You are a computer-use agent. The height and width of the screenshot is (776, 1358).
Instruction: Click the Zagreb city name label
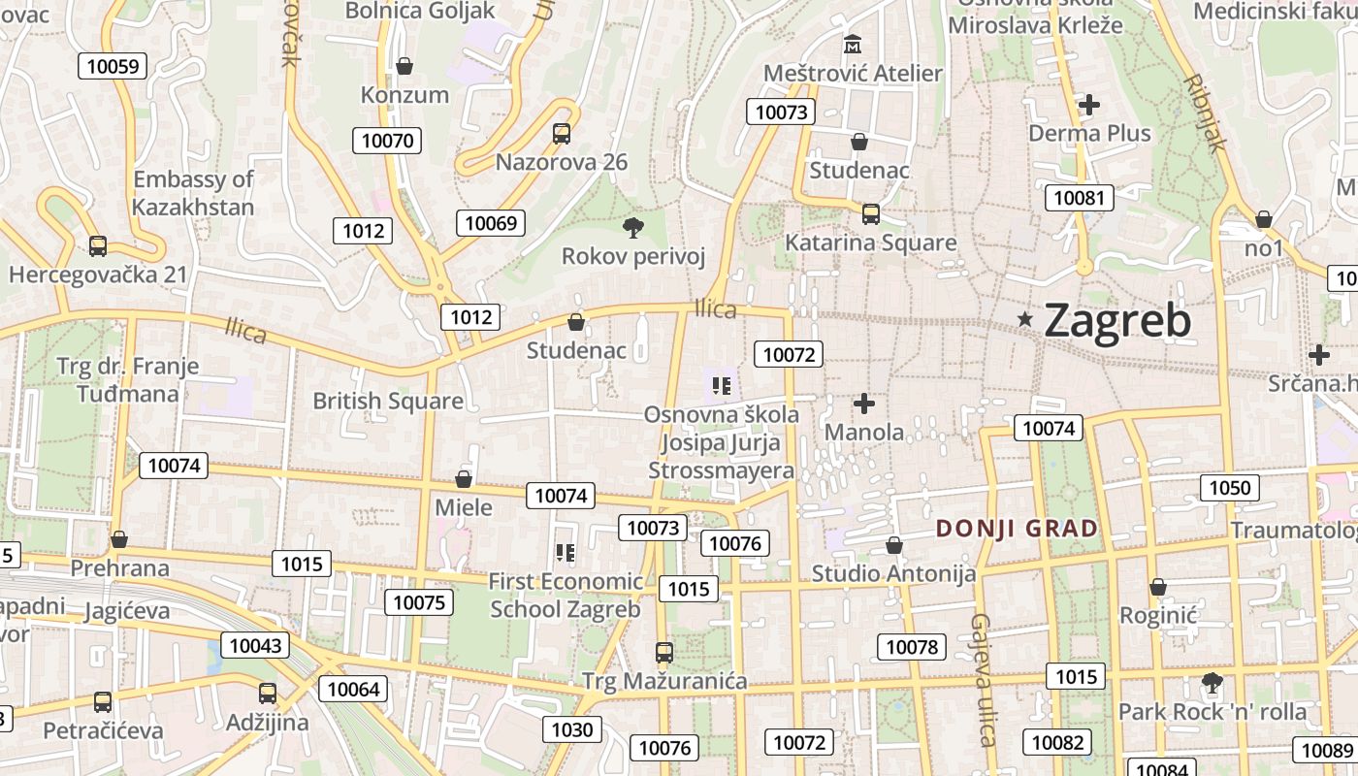pos(1117,321)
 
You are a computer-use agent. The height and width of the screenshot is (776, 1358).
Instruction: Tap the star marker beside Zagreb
pos(1025,319)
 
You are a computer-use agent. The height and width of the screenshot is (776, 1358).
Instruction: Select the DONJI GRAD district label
pos(1017,529)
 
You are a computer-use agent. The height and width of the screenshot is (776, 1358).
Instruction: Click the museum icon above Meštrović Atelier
pos(853,45)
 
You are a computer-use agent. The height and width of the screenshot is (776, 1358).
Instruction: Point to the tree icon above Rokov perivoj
pos(632,228)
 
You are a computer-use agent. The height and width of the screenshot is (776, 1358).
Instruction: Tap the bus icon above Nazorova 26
pos(562,134)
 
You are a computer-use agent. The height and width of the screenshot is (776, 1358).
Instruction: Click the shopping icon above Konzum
pos(404,66)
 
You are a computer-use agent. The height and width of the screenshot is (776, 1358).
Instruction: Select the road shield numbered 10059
pos(113,66)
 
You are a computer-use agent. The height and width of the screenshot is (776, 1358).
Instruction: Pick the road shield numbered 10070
pos(387,141)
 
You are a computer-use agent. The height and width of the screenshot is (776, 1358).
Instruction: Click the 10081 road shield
pos(1079,199)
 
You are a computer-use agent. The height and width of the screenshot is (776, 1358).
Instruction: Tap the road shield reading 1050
pos(1230,487)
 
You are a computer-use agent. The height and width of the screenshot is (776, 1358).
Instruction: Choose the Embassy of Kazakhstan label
pos(193,193)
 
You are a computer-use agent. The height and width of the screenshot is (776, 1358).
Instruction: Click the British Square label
pos(387,401)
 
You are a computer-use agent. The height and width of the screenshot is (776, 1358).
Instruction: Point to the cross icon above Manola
pos(863,404)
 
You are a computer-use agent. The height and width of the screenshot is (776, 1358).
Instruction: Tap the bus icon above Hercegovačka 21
pos(98,246)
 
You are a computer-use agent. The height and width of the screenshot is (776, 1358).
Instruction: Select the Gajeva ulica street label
pos(984,680)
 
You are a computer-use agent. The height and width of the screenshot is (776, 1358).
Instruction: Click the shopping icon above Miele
pos(464,479)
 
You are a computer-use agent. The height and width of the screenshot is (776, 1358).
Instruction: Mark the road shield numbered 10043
pos(255,645)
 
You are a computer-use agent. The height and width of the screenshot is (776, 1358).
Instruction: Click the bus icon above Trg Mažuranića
pos(664,652)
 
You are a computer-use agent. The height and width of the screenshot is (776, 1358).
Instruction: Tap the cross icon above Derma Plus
pos(1089,104)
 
